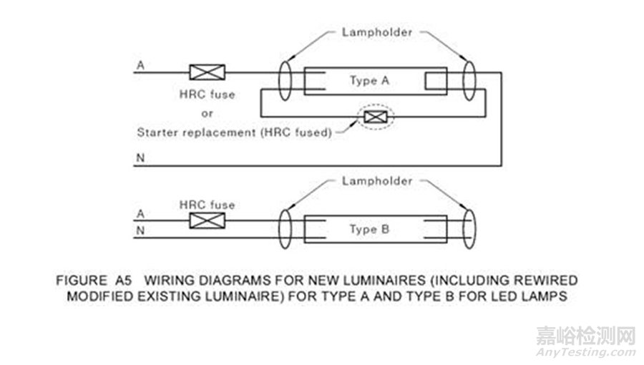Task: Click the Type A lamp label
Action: tap(369, 80)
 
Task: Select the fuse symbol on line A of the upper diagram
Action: tap(207, 72)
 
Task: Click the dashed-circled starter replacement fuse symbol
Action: tap(372, 117)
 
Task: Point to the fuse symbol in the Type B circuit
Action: tap(207, 220)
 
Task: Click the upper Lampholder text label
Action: tap(376, 32)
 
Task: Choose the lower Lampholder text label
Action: tap(376, 181)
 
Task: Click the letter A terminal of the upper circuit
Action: tap(140, 65)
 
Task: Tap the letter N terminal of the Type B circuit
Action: tap(140, 230)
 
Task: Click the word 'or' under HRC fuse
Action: tap(207, 113)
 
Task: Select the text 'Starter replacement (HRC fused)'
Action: tap(234, 132)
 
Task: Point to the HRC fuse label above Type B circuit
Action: tap(207, 205)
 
